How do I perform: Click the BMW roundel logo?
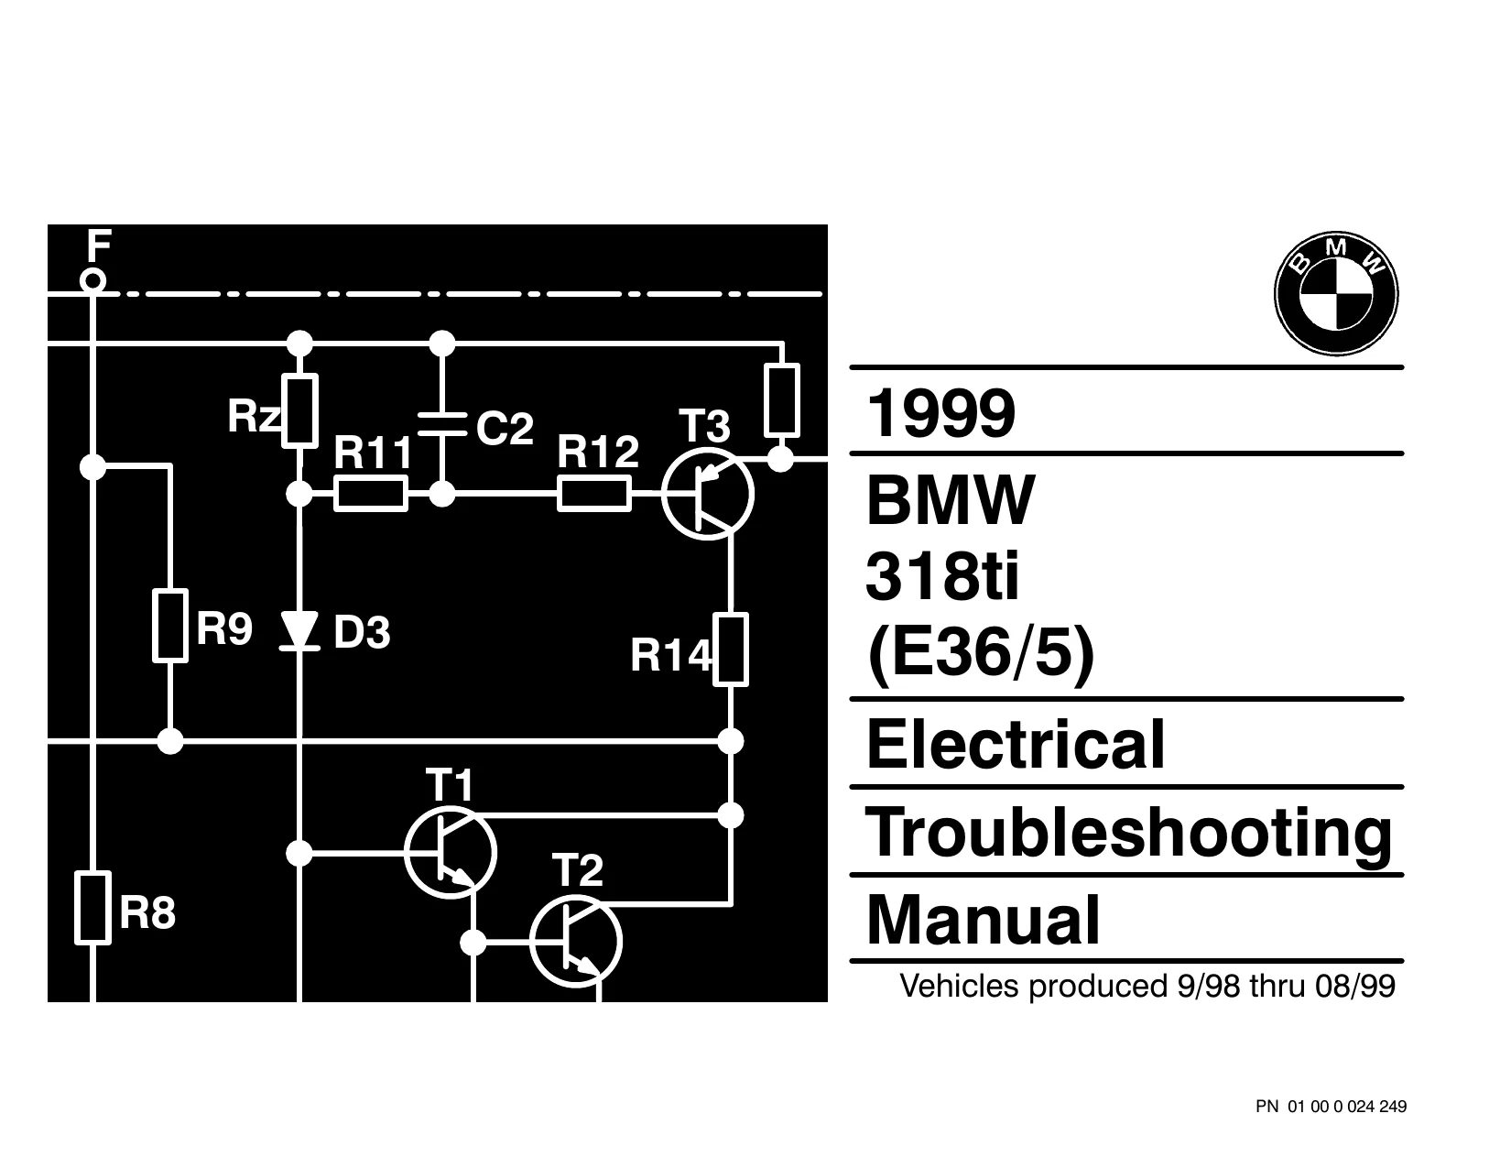(x=1336, y=293)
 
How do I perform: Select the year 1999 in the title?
(x=940, y=413)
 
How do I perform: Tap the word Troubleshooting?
(x=1129, y=833)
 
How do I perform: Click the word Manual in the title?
(x=983, y=920)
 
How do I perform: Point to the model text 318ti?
(x=942, y=576)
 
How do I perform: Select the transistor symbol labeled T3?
(x=708, y=494)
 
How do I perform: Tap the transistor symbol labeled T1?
(x=451, y=852)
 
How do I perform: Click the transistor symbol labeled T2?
(x=576, y=942)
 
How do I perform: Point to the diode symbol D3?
(x=299, y=631)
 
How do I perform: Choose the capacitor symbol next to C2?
(x=442, y=423)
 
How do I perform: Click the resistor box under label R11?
(x=371, y=494)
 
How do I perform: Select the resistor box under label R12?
(x=594, y=494)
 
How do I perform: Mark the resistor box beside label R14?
(x=731, y=649)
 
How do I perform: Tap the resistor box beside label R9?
(x=170, y=626)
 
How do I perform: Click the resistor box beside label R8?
(x=92, y=908)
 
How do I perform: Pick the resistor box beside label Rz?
(x=299, y=410)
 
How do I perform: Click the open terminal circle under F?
(x=92, y=281)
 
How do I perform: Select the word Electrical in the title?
(x=1016, y=744)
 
